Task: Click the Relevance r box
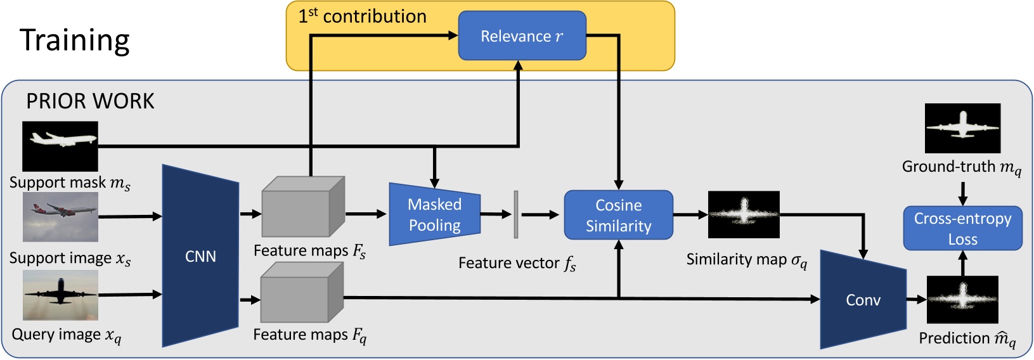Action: point(522,36)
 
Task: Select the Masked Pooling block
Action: point(435,215)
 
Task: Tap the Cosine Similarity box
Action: point(618,215)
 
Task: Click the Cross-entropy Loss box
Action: point(962,228)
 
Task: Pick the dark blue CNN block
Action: point(200,256)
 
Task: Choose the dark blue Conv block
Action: point(863,300)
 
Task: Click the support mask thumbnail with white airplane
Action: point(60,146)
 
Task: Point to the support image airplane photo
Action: point(60,217)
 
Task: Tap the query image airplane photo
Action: point(60,295)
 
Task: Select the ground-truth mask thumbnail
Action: point(962,128)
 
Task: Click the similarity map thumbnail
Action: point(743,215)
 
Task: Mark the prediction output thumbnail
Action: point(962,300)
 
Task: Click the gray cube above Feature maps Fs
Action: point(303,207)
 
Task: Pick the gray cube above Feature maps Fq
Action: point(302,293)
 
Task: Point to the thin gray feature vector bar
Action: point(516,215)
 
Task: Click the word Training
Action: point(75,41)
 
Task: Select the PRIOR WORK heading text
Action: point(90,101)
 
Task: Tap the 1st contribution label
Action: point(363,16)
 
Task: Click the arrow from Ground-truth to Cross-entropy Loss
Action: point(962,193)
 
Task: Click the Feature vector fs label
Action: point(517,263)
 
